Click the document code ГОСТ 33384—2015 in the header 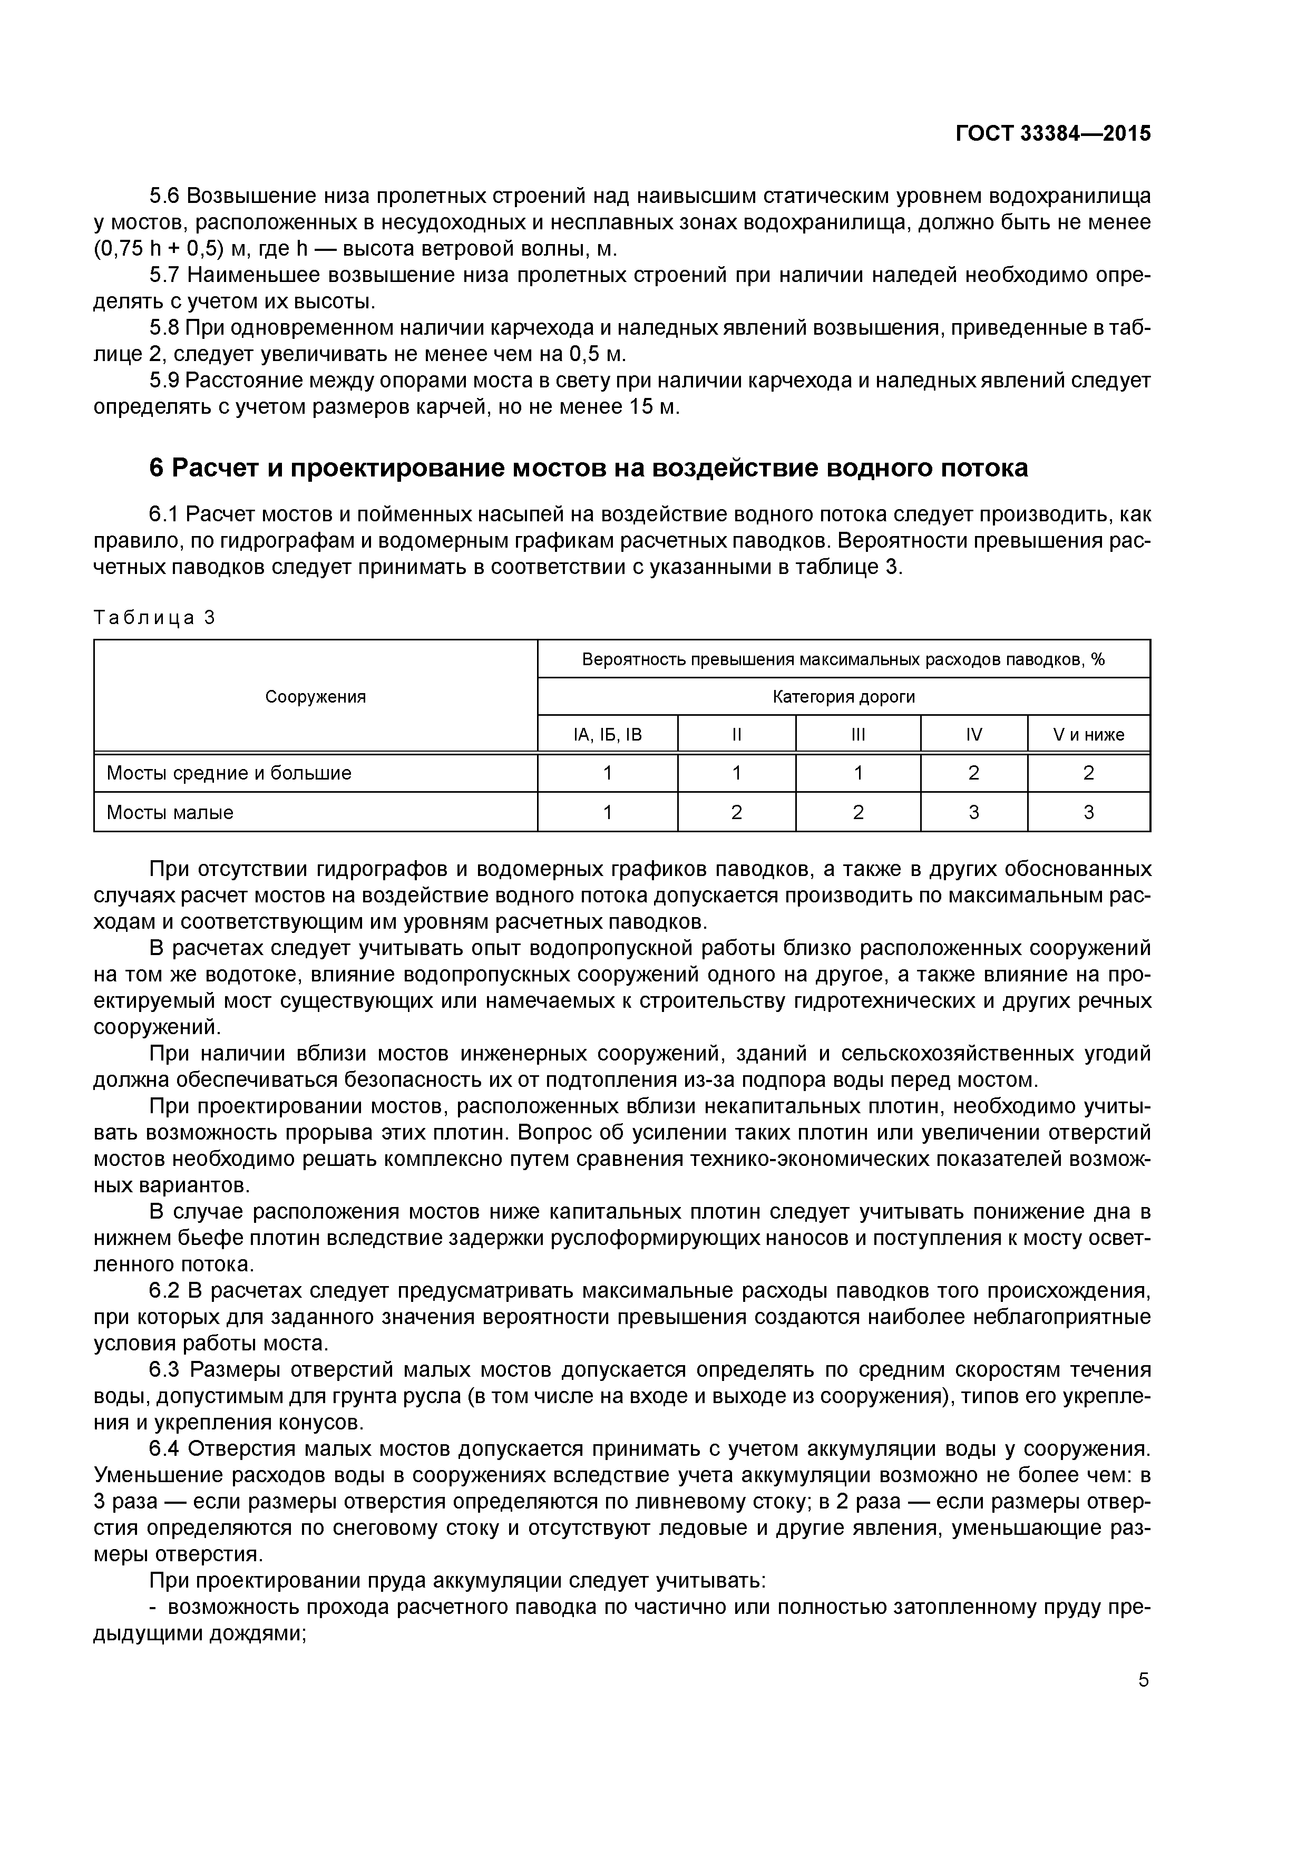coord(1052,134)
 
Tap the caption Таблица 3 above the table coord(154,618)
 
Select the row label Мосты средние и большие coord(229,773)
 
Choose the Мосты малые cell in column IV coord(973,813)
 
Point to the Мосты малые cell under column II coord(736,813)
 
